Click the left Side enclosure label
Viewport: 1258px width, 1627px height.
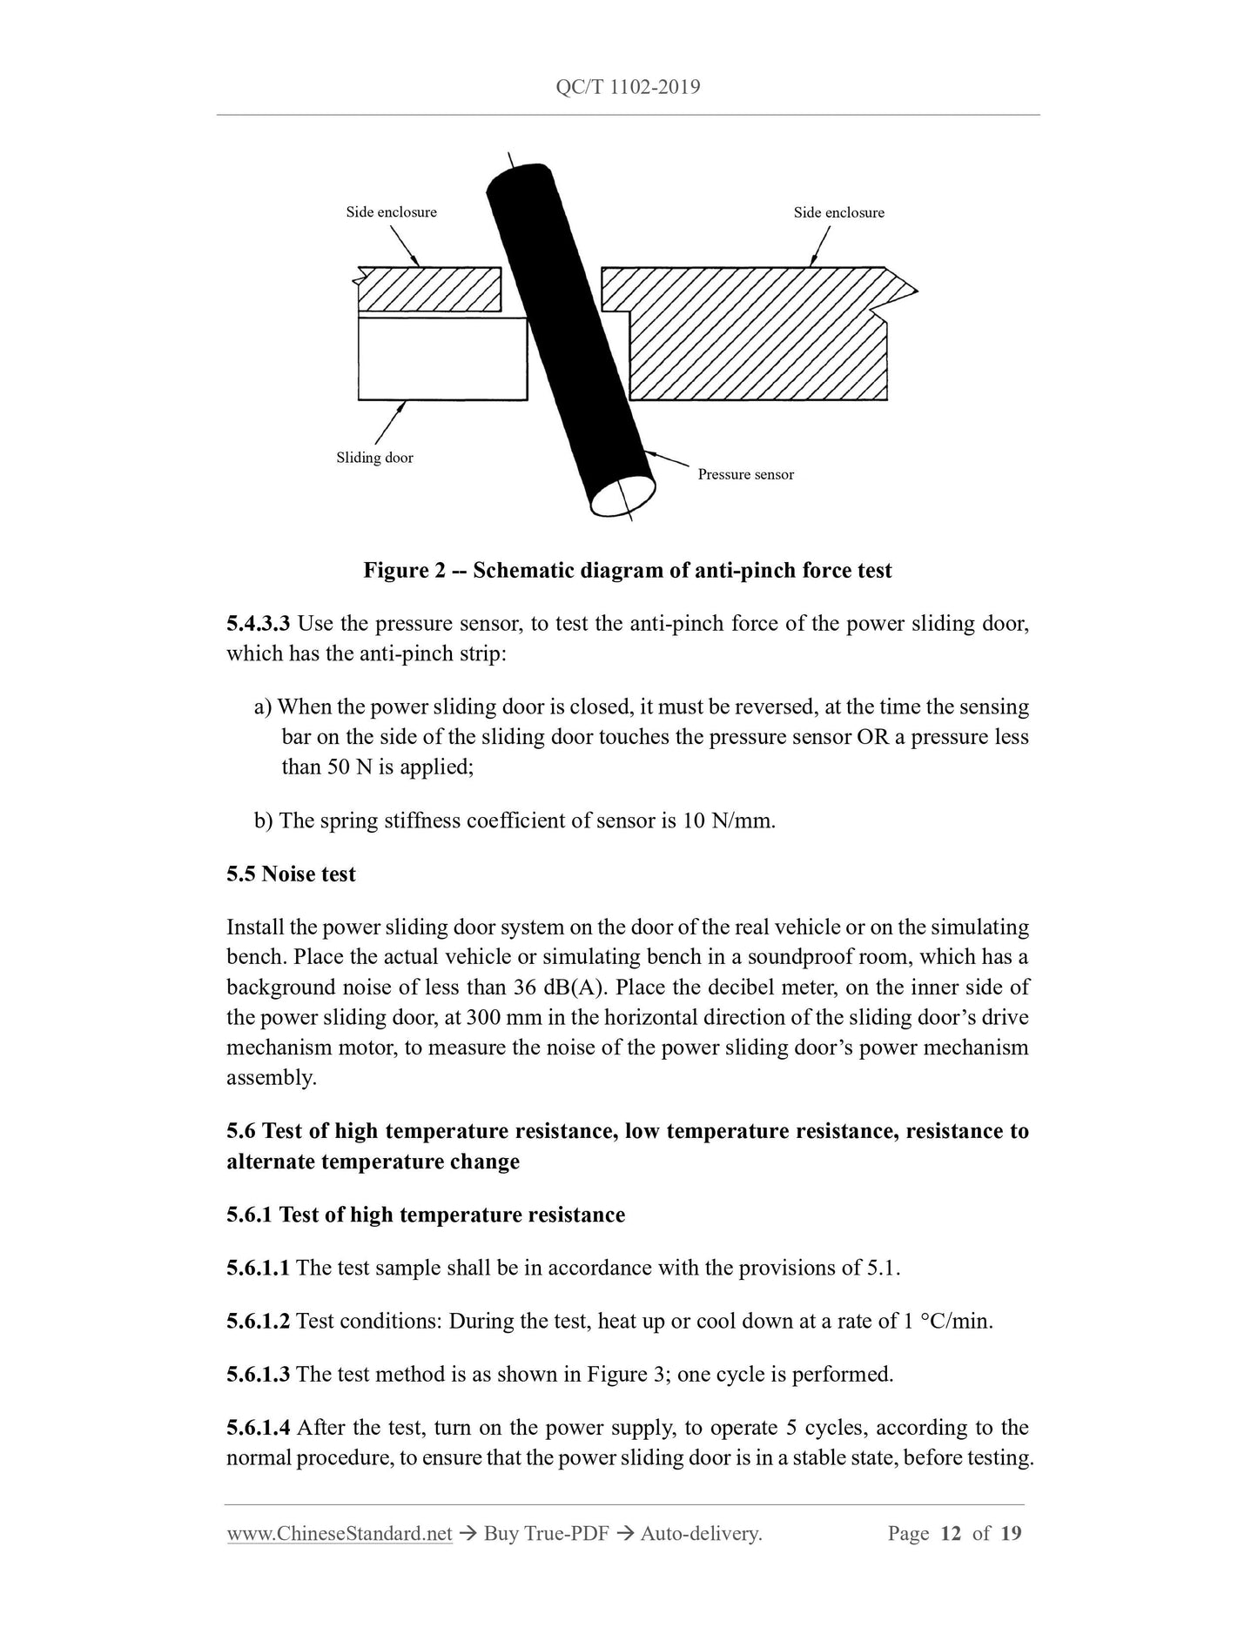391,212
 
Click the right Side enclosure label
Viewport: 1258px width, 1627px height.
838,212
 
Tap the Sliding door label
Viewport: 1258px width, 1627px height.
374,458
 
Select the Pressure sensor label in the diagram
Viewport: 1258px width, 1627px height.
745,474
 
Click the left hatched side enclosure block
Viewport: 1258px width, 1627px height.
430,289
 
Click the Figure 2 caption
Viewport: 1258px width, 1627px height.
628,571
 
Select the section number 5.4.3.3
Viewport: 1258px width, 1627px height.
259,624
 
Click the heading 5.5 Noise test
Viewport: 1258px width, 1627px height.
291,874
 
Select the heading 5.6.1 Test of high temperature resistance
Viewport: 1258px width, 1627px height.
426,1215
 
